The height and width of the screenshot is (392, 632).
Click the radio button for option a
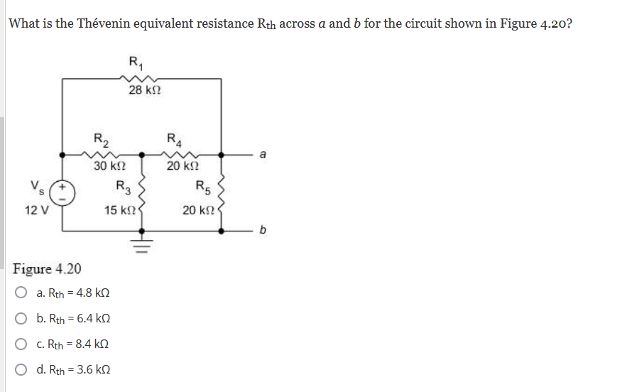[x=22, y=293]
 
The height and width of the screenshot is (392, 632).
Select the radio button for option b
[x=22, y=319]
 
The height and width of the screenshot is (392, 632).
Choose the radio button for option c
[x=22, y=344]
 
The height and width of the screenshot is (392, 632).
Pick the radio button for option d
[x=22, y=370]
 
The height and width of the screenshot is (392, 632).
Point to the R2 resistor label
[x=101, y=138]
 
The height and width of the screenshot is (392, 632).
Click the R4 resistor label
[x=173, y=138]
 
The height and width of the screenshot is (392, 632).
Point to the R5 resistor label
[x=201, y=188]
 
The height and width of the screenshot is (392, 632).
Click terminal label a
[x=263, y=153]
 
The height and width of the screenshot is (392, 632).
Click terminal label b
[x=264, y=231]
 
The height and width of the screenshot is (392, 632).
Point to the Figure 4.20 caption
[x=47, y=269]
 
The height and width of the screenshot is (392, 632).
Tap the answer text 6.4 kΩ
[x=92, y=319]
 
